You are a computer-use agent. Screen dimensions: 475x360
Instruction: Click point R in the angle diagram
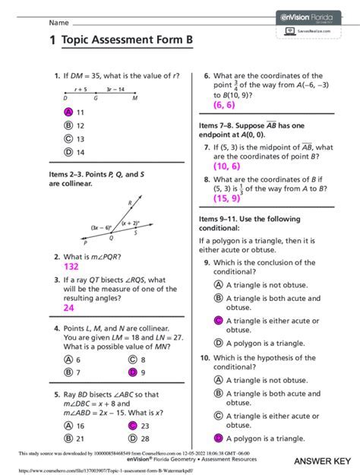pyautogui.click(x=131, y=202)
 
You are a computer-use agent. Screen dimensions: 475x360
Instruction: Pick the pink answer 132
pyautogui.click(x=71, y=268)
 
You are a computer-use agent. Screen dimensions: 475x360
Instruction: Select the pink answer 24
pyautogui.click(x=69, y=308)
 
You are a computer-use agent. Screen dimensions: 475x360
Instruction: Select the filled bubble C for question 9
pyautogui.click(x=218, y=321)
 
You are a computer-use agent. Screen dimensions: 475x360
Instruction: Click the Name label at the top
pyautogui.click(x=38, y=23)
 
